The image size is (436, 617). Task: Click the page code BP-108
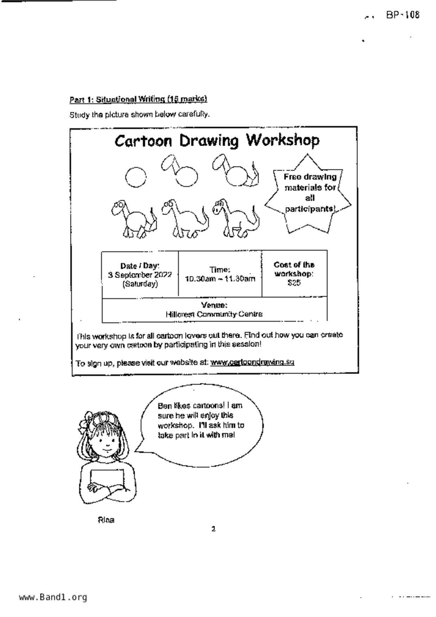(x=403, y=15)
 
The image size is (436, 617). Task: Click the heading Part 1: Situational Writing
(x=138, y=99)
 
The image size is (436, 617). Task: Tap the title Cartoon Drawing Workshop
(x=217, y=141)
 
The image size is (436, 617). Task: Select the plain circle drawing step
(x=135, y=177)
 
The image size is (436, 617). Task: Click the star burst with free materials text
(x=309, y=194)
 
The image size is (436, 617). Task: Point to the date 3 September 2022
(x=140, y=275)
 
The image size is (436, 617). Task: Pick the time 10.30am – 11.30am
(x=220, y=279)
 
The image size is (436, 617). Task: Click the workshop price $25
(x=294, y=283)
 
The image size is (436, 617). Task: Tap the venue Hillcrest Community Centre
(x=214, y=314)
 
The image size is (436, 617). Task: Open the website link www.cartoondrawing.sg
(x=252, y=362)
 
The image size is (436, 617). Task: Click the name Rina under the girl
(x=106, y=520)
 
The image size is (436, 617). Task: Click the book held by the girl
(x=107, y=479)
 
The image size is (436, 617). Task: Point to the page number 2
(x=213, y=529)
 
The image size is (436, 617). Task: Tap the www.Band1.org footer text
(x=53, y=597)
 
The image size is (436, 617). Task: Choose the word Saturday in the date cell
(x=140, y=284)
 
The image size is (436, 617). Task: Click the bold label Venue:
(x=214, y=305)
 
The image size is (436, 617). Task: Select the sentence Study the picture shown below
(x=139, y=115)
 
